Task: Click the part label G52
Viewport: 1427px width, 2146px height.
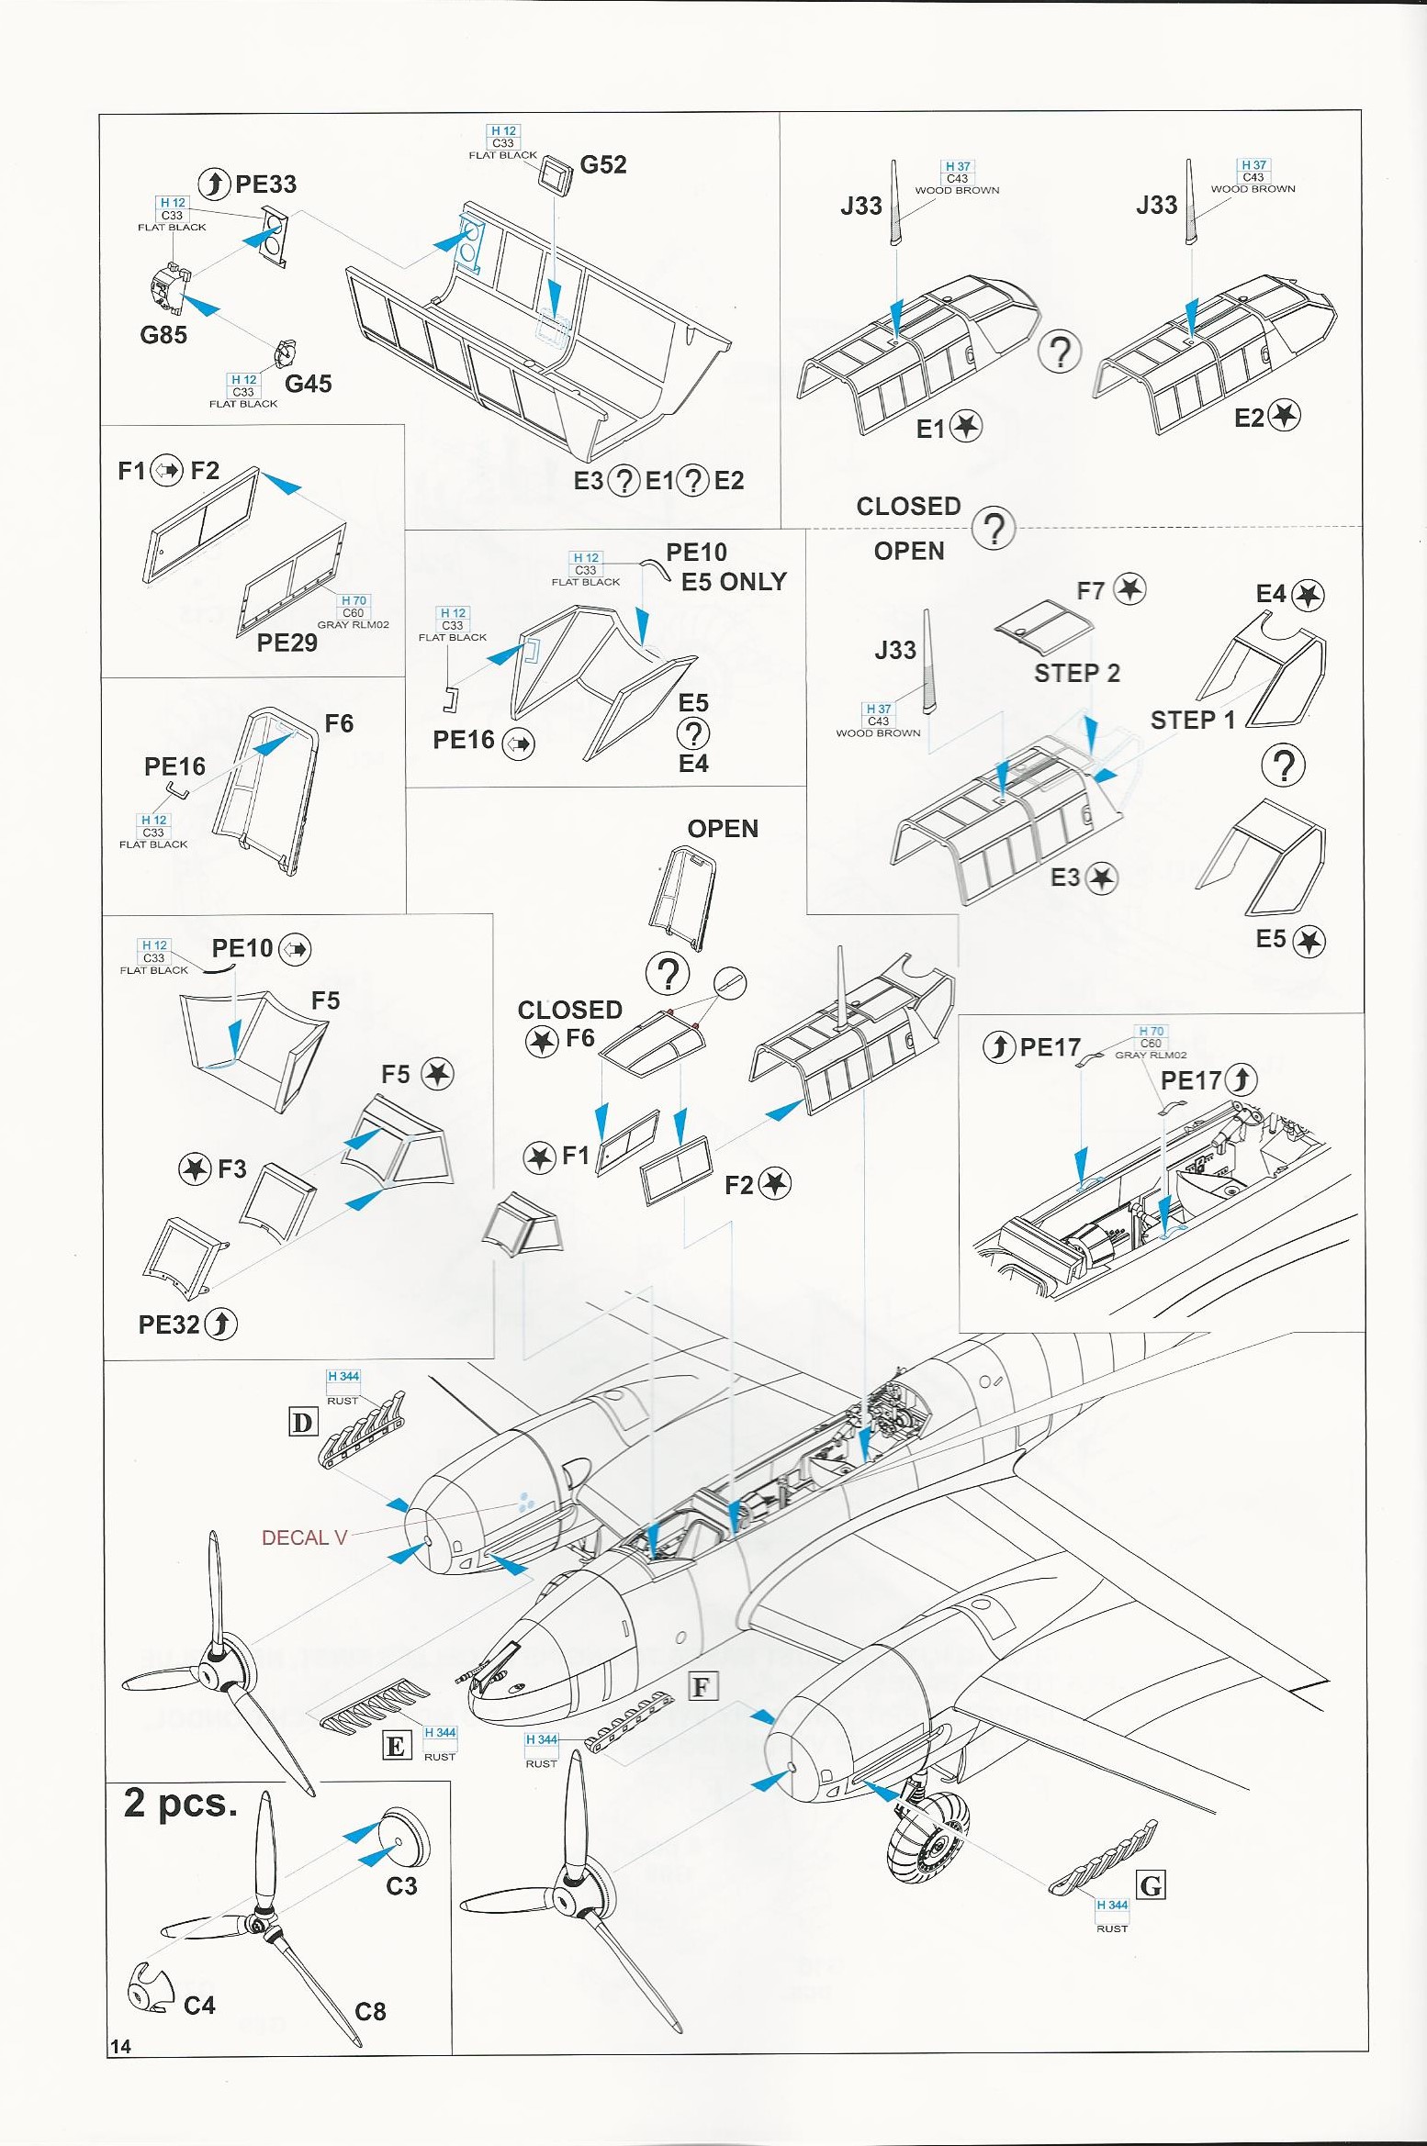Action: (x=603, y=165)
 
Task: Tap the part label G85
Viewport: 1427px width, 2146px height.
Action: (x=163, y=335)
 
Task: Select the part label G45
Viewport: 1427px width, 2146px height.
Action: (x=308, y=384)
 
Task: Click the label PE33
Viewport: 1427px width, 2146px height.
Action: (x=265, y=184)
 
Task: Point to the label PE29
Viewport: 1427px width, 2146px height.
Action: (x=287, y=643)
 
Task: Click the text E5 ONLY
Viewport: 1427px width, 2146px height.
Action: (x=734, y=582)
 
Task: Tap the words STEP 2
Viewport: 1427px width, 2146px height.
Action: (x=1077, y=674)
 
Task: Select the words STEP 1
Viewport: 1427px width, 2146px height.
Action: (x=1193, y=721)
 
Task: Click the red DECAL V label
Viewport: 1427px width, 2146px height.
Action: (x=304, y=1537)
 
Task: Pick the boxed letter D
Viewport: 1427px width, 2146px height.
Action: (x=302, y=1423)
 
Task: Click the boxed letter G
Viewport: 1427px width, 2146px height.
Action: (x=1151, y=1886)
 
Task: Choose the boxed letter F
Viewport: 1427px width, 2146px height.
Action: (x=702, y=1686)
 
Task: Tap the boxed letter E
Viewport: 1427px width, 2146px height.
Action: (x=396, y=1746)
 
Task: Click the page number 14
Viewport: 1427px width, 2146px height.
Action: (x=120, y=2046)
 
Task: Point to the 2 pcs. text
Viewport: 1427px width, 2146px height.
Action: (x=181, y=1804)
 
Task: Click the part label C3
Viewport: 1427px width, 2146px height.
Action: (x=401, y=1886)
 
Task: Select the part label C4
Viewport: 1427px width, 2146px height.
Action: (x=199, y=2006)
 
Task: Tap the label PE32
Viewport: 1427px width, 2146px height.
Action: (x=169, y=1324)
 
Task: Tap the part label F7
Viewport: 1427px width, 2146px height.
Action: (x=1091, y=591)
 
